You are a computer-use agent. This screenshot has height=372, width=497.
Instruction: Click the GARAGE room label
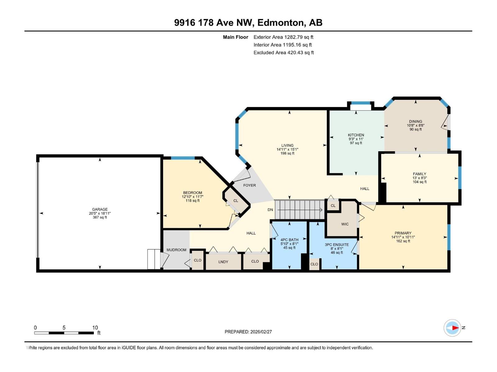100,209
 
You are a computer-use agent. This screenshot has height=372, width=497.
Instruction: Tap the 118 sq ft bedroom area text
193,201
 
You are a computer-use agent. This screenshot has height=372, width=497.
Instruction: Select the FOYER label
249,185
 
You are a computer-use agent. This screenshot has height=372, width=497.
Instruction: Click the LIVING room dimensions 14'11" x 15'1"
287,149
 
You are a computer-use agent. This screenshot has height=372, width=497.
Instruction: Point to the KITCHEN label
356,135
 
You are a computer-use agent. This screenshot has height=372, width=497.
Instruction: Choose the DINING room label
415,122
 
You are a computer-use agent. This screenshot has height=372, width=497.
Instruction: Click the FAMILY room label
419,174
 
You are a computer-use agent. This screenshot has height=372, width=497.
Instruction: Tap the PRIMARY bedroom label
403,233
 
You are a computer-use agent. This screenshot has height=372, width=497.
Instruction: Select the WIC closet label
345,224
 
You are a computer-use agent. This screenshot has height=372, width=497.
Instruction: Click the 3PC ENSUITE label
337,245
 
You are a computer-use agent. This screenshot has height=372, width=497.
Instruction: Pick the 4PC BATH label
289,240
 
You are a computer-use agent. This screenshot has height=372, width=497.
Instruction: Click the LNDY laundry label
223,262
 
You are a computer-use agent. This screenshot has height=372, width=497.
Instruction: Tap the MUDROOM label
176,250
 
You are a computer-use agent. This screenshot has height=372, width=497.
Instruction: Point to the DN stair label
270,210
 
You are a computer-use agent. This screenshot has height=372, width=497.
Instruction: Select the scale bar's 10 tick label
95,328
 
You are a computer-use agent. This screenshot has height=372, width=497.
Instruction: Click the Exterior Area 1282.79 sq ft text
283,37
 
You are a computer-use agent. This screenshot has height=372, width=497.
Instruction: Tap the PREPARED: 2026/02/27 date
248,332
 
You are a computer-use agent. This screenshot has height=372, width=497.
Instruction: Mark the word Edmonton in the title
280,23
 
